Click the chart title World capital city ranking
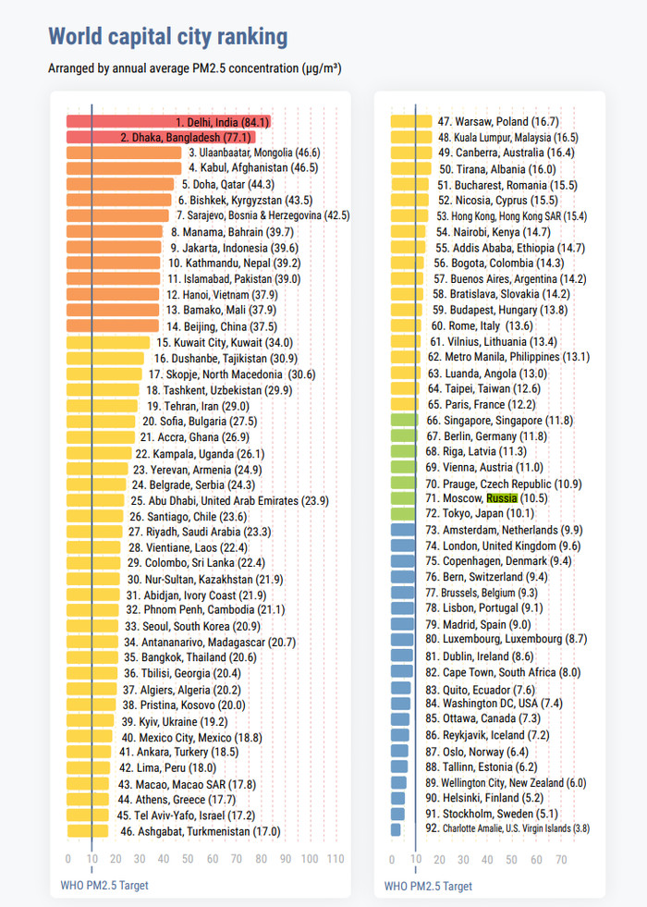click(x=167, y=37)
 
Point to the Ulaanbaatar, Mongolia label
click(x=254, y=153)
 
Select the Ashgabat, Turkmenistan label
click(x=201, y=831)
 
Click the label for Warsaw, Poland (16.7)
click(x=497, y=121)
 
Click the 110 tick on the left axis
click(x=334, y=860)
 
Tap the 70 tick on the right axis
click(x=561, y=860)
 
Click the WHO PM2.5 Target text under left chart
click(x=98, y=886)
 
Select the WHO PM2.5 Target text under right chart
click(x=428, y=886)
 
